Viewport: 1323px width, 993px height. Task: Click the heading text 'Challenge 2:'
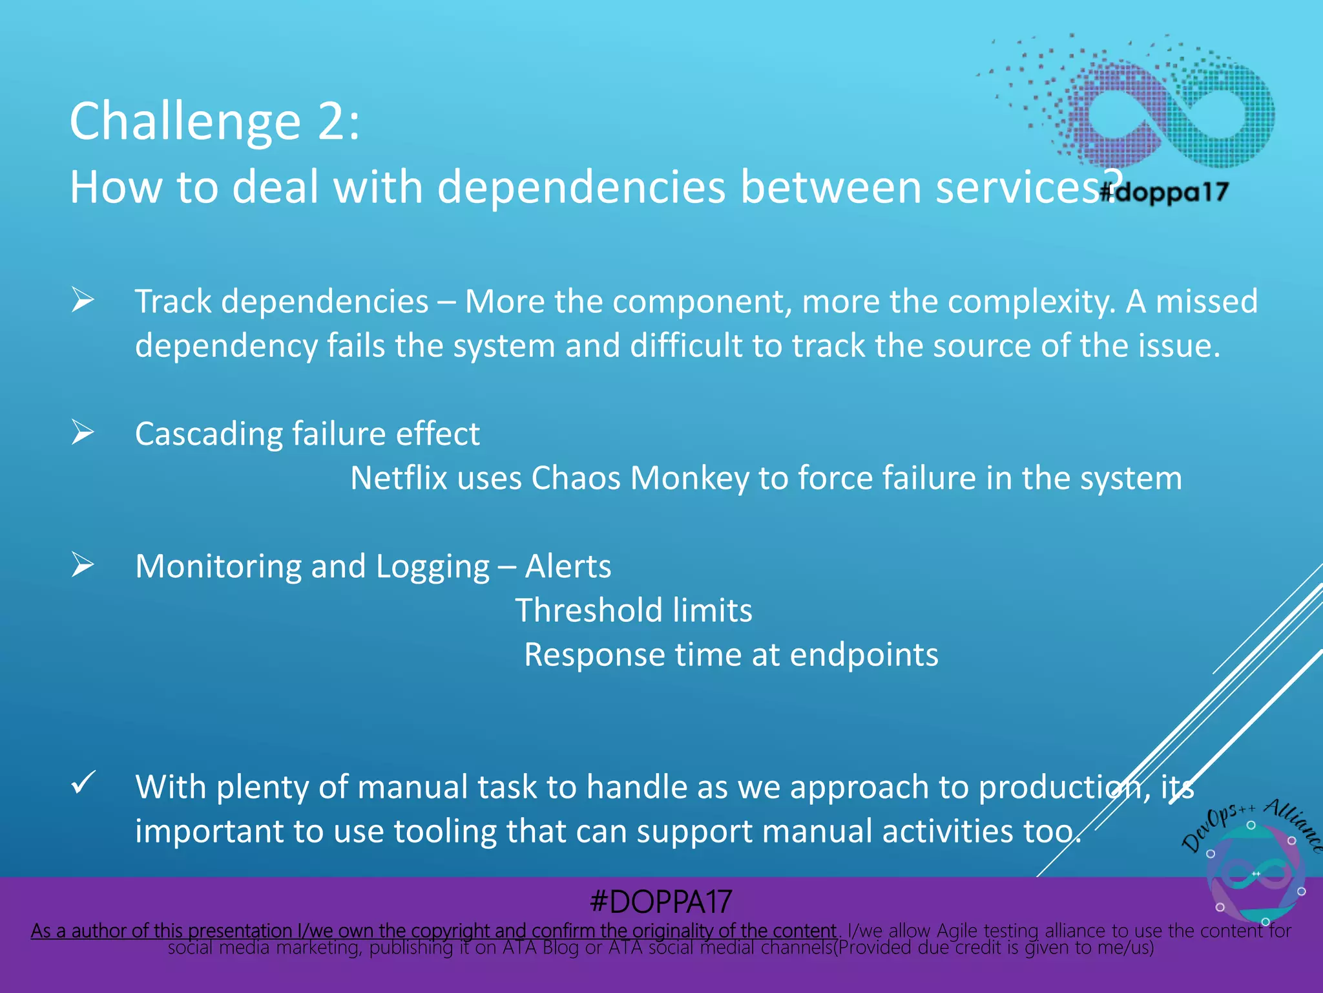[214, 122]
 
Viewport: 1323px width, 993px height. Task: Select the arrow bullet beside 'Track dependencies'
[83, 300]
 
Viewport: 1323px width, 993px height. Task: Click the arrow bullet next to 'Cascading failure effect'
[83, 432]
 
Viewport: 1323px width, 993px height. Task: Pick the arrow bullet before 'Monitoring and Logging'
[83, 564]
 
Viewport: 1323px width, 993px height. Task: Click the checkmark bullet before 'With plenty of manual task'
[83, 783]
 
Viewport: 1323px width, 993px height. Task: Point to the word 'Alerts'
[568, 566]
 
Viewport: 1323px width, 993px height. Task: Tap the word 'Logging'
[432, 567]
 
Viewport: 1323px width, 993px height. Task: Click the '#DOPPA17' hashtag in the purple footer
[660, 901]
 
